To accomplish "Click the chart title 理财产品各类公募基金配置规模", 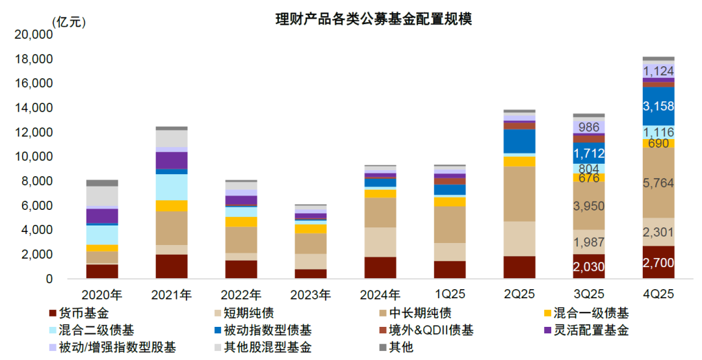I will click(x=374, y=19).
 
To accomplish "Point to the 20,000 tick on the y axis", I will click(x=34, y=35).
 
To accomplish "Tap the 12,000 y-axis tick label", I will click(x=34, y=133).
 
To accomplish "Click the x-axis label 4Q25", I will click(x=658, y=295).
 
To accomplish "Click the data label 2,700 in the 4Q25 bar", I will click(x=658, y=263).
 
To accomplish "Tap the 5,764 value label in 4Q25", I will click(x=658, y=184).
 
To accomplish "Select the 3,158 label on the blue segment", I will click(x=658, y=106).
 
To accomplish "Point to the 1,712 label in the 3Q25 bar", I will click(x=589, y=154).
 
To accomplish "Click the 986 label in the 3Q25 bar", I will click(x=589, y=127).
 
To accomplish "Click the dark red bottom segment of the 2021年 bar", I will click(x=172, y=266).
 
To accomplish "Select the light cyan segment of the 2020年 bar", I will click(x=102, y=235).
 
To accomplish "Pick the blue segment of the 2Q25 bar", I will click(x=519, y=141).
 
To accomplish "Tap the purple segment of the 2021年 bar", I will click(x=172, y=161).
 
